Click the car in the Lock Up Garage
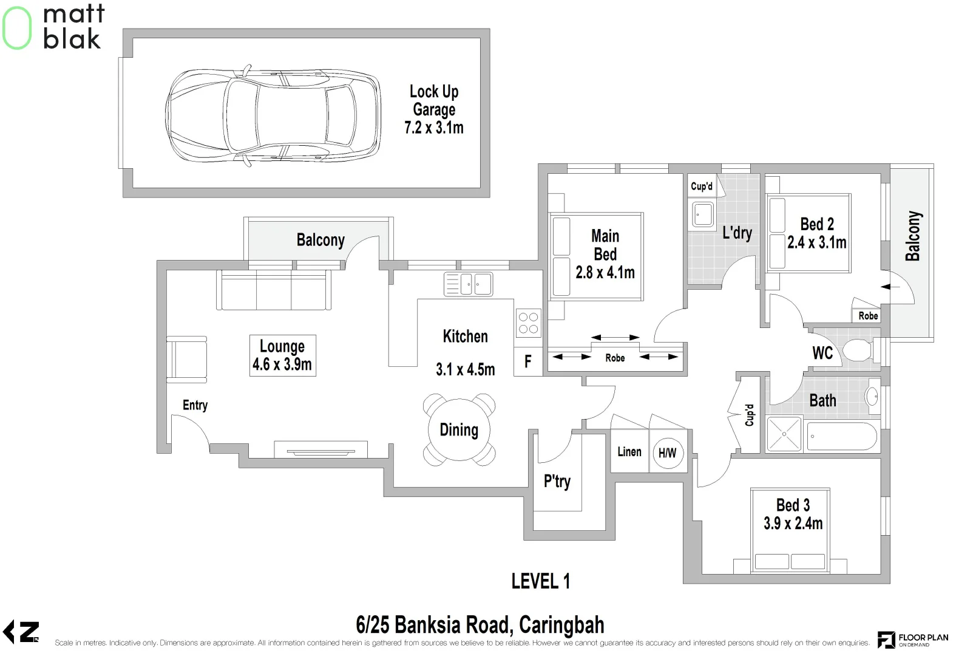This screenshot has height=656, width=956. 273,115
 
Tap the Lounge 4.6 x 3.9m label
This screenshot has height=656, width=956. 282,355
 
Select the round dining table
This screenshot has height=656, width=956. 459,430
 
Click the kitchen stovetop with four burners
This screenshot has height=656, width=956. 528,323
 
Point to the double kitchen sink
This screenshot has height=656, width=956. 468,284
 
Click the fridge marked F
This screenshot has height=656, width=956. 527,362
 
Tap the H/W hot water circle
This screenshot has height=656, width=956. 667,453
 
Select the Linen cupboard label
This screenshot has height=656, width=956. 629,451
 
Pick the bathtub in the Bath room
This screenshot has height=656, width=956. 841,436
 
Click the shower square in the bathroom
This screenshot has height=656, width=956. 784,434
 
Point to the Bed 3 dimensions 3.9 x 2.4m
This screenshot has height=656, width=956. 793,523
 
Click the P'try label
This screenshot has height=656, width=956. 557,481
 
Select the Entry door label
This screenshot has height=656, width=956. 195,405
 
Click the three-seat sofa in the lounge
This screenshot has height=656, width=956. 274,290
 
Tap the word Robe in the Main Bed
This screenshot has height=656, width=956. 615,358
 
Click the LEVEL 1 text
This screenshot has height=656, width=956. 540,581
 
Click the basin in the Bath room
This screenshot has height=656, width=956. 872,397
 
